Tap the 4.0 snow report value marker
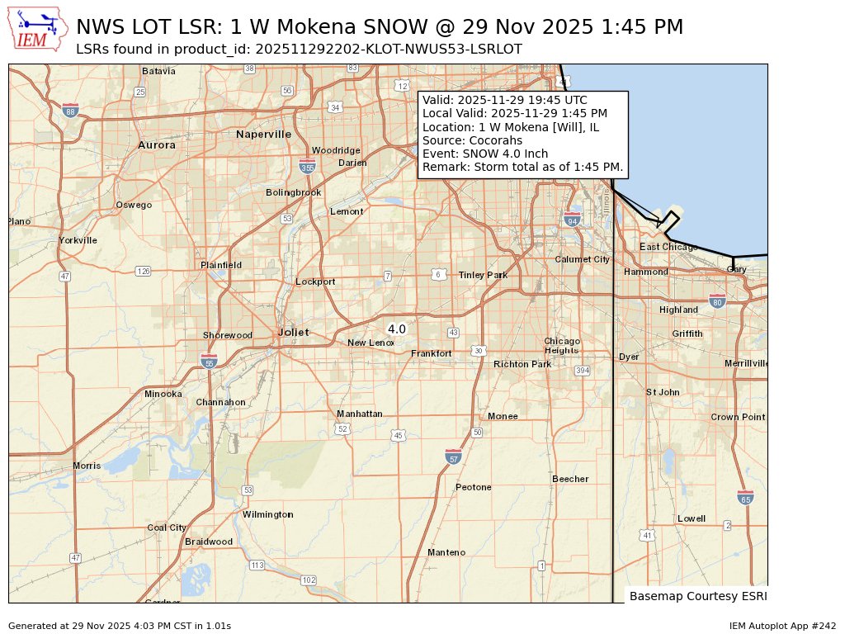pos(397,329)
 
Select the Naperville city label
pos(263,134)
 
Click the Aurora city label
pos(156,144)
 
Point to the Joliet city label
pos(293,332)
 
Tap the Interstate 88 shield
pos(71,111)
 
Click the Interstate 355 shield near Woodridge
pos(307,166)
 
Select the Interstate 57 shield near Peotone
pos(453,457)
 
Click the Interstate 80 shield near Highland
pos(717,300)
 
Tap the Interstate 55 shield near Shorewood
pos(209,361)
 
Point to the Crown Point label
pos(738,417)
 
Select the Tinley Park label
pos(483,275)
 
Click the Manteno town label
pos(446,552)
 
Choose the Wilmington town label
pos(267,514)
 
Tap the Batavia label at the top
pos(158,71)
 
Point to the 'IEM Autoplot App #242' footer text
pos(782,626)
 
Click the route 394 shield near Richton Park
pos(583,371)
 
